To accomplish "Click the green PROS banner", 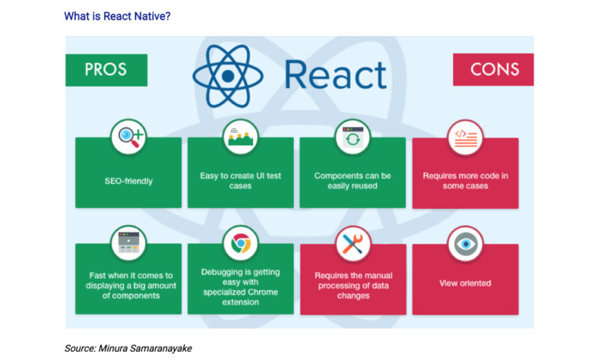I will coord(106,70).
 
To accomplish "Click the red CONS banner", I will coord(494,70).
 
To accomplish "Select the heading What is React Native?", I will coord(117,16).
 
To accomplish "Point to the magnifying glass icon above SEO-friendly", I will coord(128,137).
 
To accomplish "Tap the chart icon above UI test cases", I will coord(240,137).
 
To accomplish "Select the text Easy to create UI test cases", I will coord(240,181).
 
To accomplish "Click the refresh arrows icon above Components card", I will coord(353,137).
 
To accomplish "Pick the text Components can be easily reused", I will coord(353,181).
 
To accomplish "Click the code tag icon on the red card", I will coord(465,137).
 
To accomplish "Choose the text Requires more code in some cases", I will coord(465,181).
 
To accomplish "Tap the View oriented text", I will coord(465,283).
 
